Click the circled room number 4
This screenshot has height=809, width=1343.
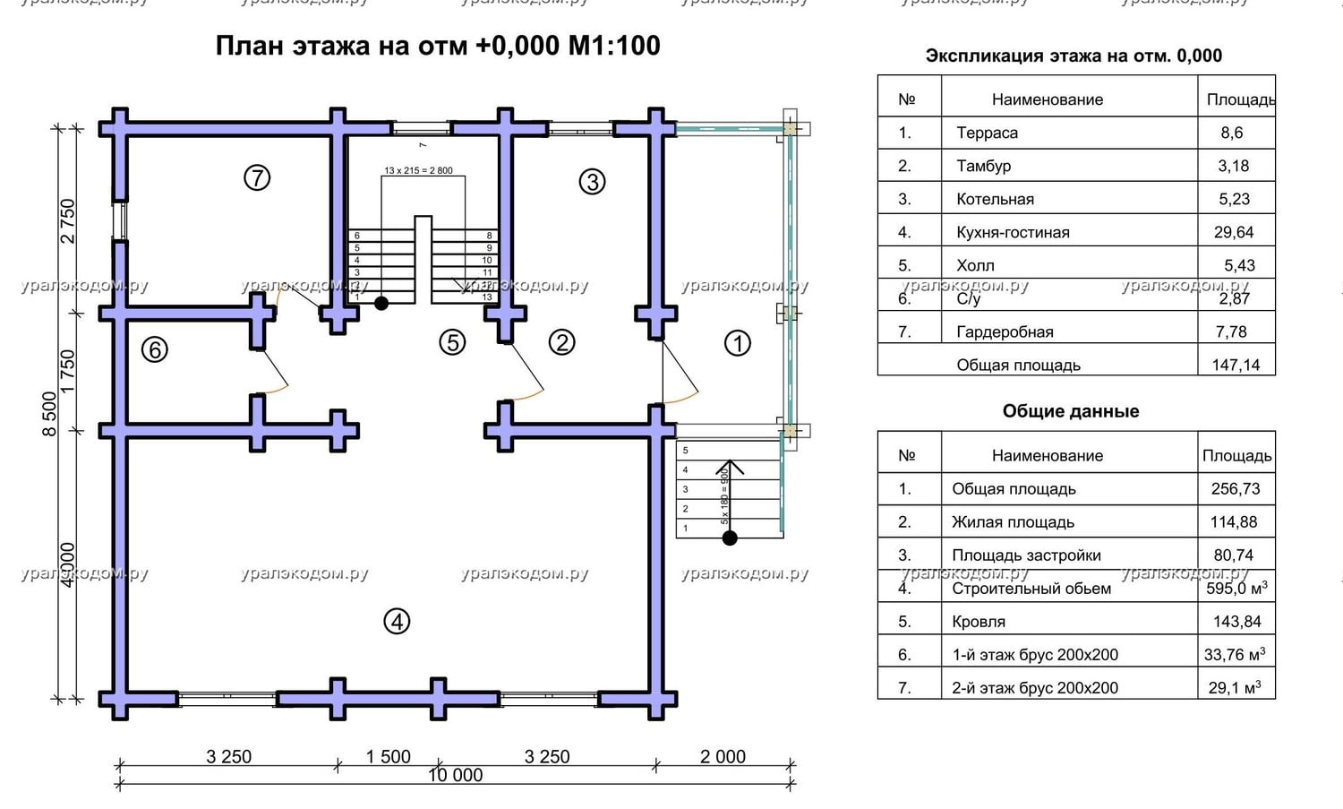pos(397,621)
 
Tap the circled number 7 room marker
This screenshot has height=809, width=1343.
pos(257,178)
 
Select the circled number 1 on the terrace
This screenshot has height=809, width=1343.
pos(737,343)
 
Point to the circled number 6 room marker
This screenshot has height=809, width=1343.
pos(155,349)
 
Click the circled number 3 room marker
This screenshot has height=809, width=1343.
pos(592,182)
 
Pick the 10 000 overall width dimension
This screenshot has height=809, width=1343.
pos(455,775)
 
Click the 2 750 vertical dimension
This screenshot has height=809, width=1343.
pos(68,220)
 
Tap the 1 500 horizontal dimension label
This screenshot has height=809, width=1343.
pos(388,756)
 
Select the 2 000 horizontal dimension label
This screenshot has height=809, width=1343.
pos(723,756)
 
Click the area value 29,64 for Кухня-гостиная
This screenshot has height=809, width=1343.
pos(1234,232)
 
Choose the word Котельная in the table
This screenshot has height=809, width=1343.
pos(995,199)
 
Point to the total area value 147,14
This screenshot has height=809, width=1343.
pos(1236,365)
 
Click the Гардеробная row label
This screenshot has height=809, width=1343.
pos(1005,331)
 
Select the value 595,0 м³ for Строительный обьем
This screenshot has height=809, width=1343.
pos(1236,588)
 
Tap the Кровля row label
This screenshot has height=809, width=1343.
pos(979,621)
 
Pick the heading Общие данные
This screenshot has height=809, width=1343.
pos(1071,411)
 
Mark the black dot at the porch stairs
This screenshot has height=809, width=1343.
pos(730,538)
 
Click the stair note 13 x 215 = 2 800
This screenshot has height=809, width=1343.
pos(418,170)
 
